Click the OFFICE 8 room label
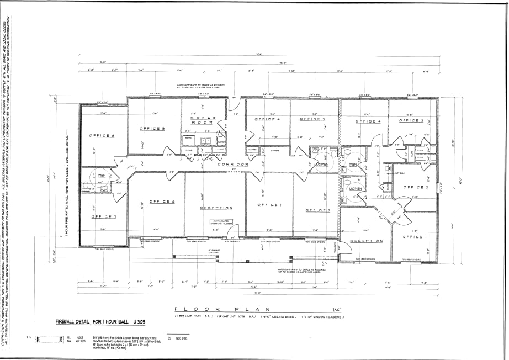[102, 135]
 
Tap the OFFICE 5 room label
[152, 129]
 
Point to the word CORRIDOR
[232, 165]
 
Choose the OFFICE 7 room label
[104, 216]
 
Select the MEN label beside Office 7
[102, 175]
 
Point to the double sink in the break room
[205, 141]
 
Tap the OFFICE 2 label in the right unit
[416, 188]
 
